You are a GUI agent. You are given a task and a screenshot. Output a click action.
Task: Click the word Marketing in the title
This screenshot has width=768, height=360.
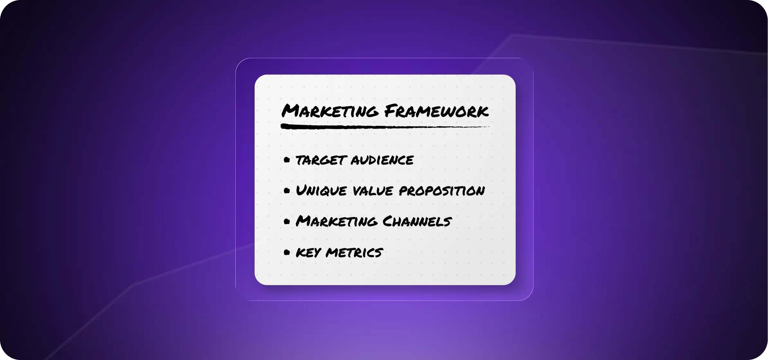click(330, 111)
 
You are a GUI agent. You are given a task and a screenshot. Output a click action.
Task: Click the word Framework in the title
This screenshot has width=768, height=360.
click(436, 111)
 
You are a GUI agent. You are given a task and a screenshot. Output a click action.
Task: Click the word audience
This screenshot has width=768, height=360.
click(382, 160)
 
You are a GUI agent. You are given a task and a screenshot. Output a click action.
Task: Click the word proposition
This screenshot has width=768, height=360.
click(442, 191)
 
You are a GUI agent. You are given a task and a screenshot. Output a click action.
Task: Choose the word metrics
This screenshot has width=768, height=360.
click(354, 253)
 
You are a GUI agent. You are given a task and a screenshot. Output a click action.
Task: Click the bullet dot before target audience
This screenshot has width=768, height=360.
click(287, 160)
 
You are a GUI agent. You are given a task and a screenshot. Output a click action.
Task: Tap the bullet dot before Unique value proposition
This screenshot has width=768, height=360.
click(287, 191)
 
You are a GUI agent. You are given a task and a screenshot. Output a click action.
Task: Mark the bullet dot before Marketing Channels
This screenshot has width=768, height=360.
click(287, 221)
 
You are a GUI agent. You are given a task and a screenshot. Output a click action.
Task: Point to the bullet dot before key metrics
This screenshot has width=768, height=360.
click(287, 253)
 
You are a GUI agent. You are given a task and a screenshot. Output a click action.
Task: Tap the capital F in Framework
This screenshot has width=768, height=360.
click(391, 111)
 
